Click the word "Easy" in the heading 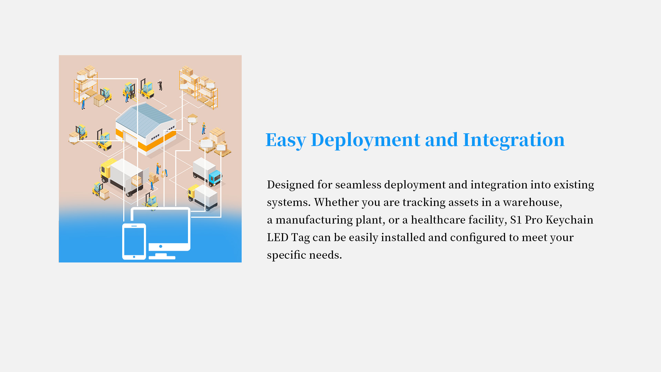coord(286,140)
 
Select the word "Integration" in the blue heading coord(514,140)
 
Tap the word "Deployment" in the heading coord(365,140)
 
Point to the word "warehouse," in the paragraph coord(533,202)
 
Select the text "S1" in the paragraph coord(516,220)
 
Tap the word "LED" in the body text coord(277,237)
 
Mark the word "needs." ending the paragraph coord(325,255)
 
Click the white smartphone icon coord(134,241)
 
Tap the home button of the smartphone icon coord(134,257)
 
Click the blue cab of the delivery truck coord(215,177)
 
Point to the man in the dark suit coord(160,85)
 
